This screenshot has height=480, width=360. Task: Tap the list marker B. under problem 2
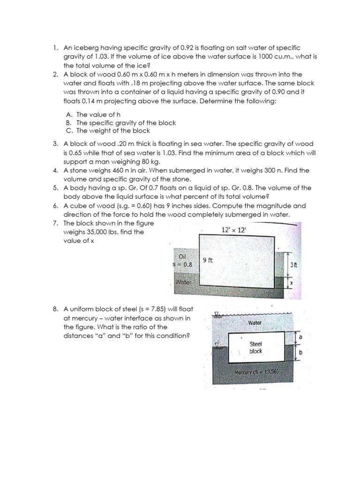coord(68,123)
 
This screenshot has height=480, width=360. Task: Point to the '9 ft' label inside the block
coord(208,261)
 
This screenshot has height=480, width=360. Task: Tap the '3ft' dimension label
coord(293,264)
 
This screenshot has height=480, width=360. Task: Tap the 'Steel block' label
coord(255,347)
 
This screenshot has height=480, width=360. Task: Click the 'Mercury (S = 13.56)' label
coord(256,373)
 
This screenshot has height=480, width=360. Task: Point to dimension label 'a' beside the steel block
coord(300,337)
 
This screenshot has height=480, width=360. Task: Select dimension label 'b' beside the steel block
coord(300,360)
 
